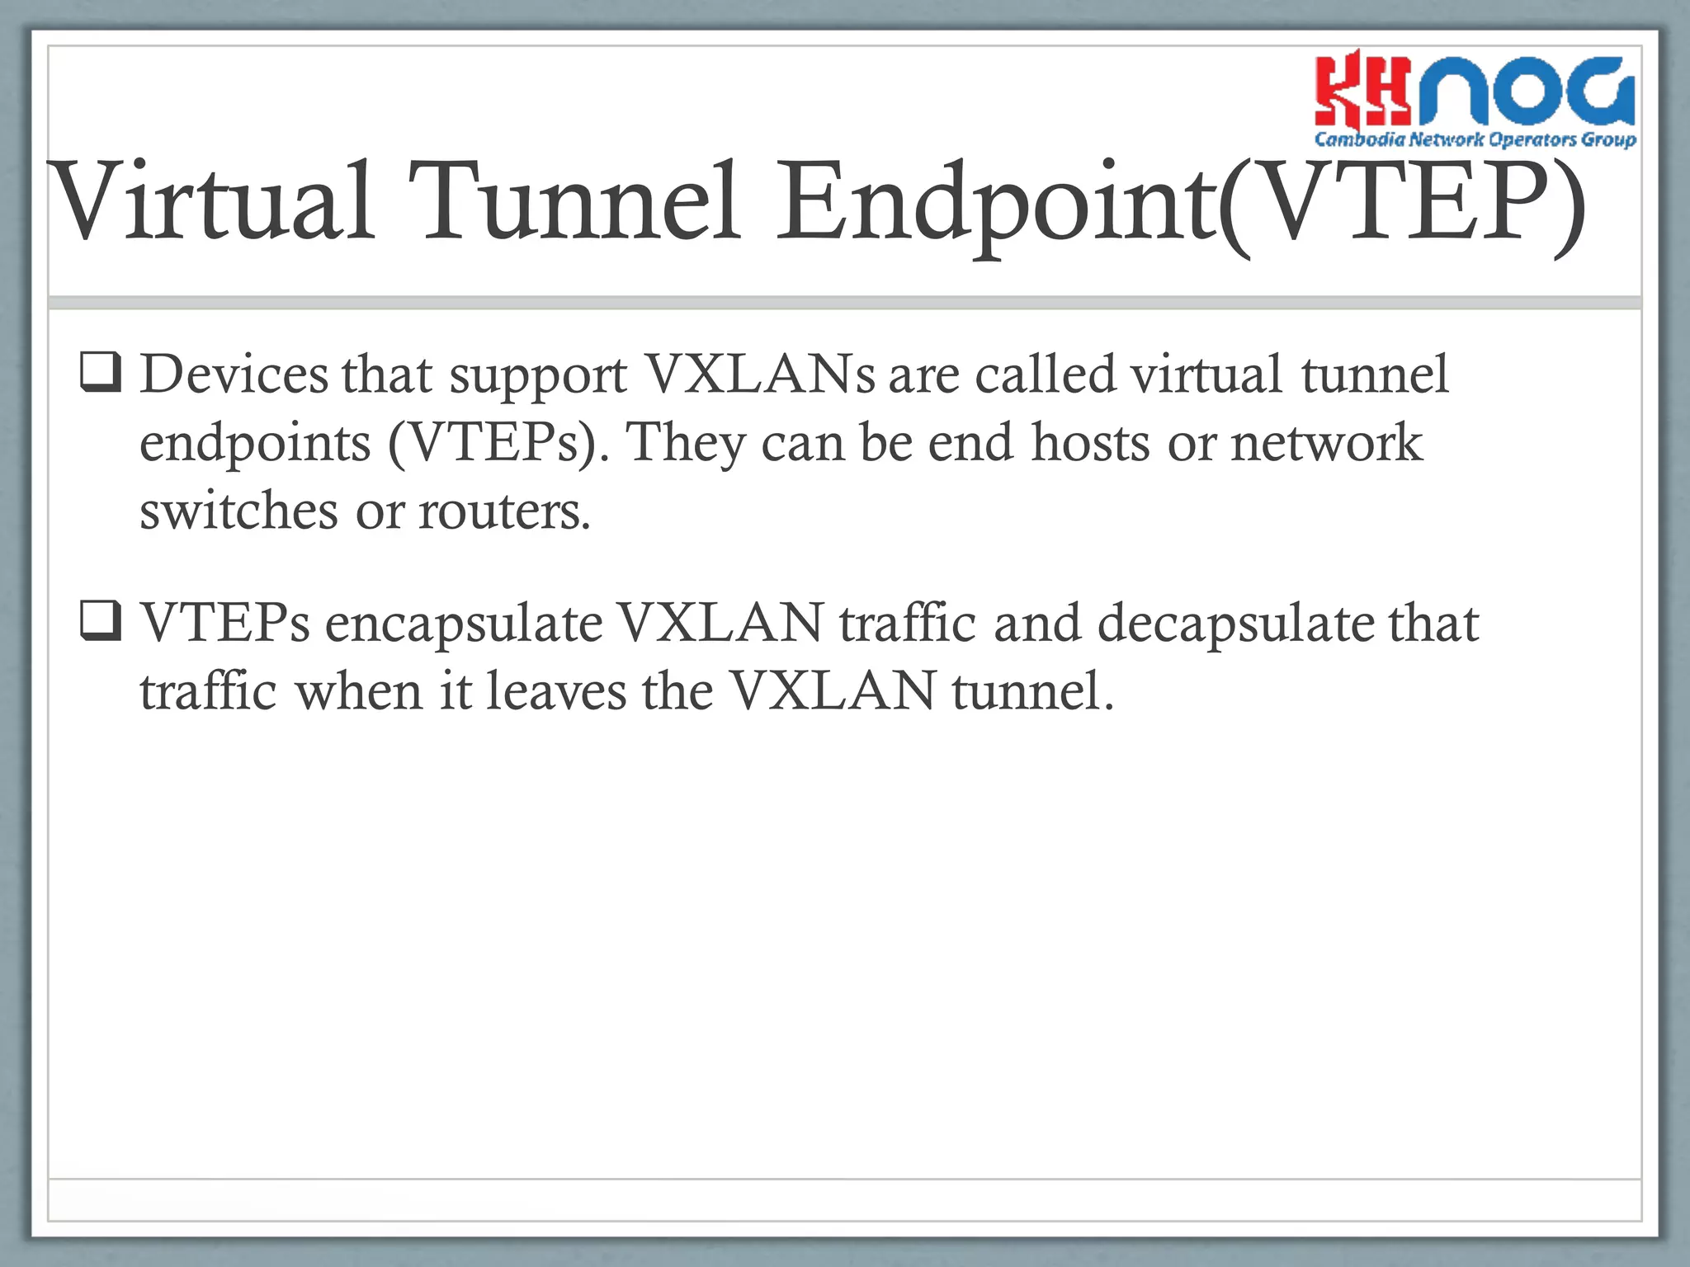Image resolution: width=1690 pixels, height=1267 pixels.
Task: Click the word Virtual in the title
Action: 211,202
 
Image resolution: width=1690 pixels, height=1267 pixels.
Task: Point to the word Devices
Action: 234,375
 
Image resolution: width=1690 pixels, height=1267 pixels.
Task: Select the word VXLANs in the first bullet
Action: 759,375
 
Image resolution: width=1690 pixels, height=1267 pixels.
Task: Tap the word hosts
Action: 1090,444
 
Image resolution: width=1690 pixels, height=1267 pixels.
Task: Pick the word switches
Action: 238,511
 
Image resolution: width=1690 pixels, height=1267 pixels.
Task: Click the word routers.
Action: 504,511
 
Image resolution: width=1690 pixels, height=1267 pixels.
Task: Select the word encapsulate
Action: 463,624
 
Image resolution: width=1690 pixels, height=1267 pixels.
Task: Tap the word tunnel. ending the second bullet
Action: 1032,691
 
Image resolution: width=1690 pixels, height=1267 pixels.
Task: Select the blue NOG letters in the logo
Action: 1527,91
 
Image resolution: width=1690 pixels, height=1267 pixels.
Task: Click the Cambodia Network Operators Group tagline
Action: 1475,139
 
